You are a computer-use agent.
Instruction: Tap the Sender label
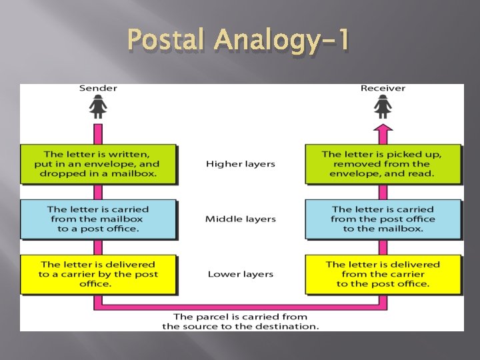click(98, 88)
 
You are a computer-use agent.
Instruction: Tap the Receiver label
click(383, 88)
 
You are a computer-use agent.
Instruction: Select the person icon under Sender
click(99, 107)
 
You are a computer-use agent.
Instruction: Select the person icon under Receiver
click(383, 107)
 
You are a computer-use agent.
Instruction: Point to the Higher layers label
click(240, 164)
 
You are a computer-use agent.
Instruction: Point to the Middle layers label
click(240, 219)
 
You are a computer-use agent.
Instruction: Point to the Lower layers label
click(240, 274)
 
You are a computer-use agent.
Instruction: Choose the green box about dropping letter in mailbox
click(98, 164)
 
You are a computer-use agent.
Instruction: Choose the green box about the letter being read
click(383, 164)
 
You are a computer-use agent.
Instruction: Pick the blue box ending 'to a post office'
click(98, 219)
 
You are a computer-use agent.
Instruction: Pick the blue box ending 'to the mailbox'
click(383, 219)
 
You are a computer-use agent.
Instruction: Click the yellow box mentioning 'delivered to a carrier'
click(98, 274)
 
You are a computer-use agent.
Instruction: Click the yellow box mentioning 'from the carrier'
click(383, 274)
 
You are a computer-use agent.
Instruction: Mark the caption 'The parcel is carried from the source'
click(240, 321)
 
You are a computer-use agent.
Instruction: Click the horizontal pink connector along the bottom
click(240, 307)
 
